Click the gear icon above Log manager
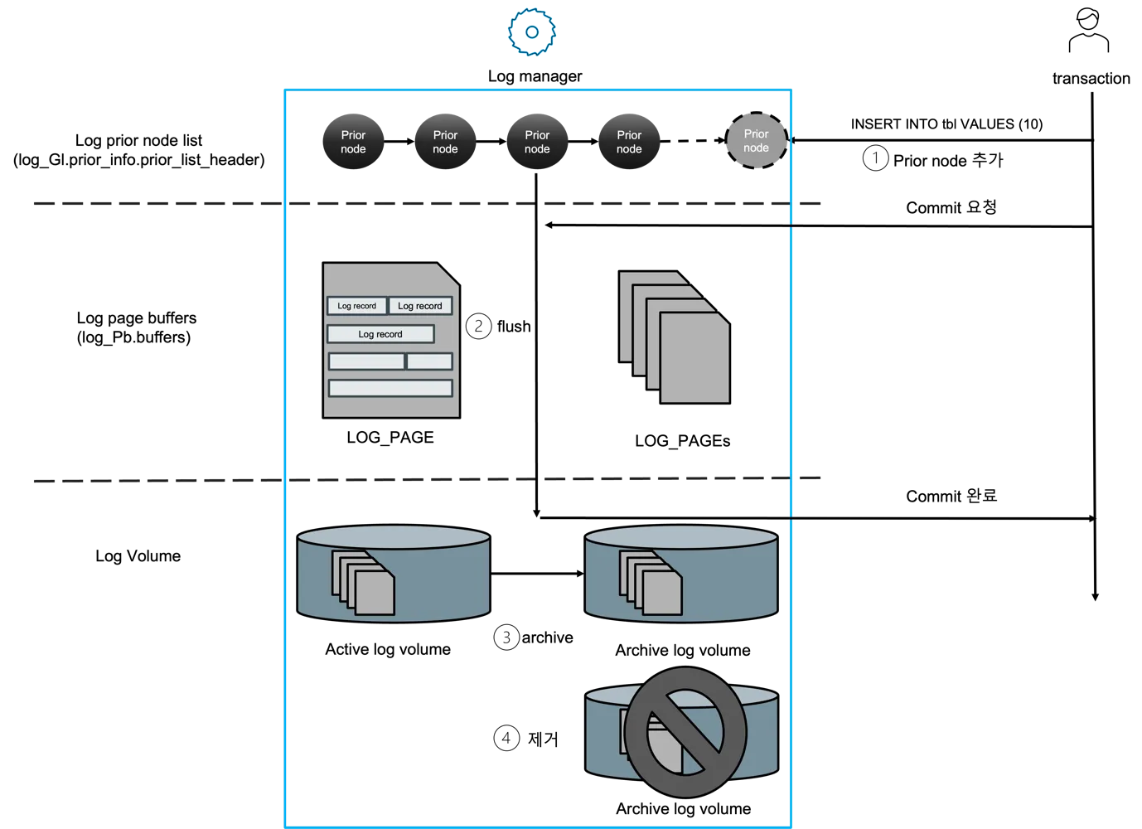532,32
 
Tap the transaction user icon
1088,30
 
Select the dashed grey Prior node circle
757,141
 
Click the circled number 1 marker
875,158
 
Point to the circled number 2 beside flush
478,327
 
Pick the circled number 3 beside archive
506,638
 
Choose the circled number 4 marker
506,738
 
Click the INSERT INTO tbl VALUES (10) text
946,124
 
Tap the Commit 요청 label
951,207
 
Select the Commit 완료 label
951,496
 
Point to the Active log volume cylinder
394,574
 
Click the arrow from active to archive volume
537,574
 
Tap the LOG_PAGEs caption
682,441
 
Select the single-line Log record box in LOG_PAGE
380,334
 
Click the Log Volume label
138,555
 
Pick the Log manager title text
535,76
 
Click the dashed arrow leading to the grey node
693,141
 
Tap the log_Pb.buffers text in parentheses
133,337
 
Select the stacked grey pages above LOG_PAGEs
674,337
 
